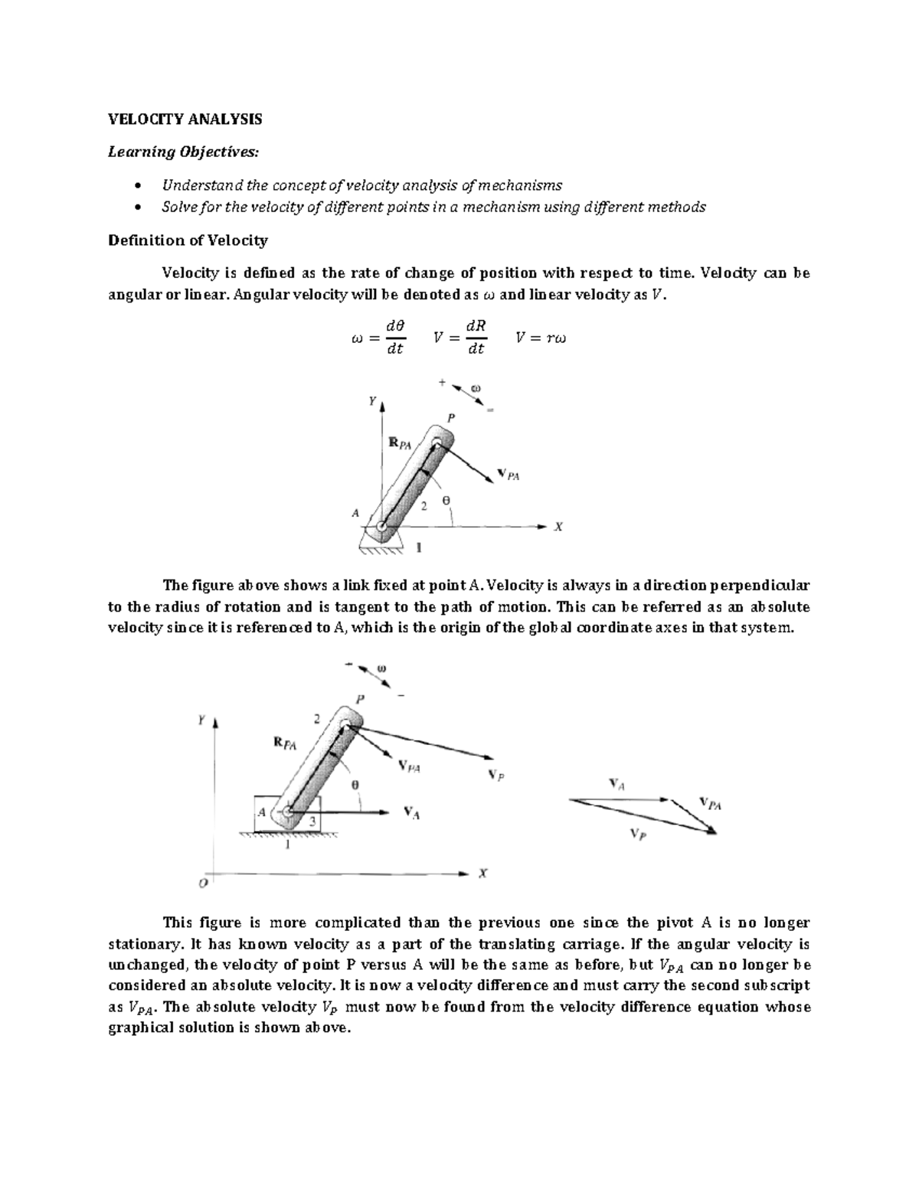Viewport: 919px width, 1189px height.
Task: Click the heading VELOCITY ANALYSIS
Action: [185, 119]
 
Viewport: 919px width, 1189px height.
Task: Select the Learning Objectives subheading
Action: [184, 152]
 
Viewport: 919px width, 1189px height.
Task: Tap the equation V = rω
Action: [541, 338]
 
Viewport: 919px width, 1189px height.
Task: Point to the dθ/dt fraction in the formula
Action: [395, 338]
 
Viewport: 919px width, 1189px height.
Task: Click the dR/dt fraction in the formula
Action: [476, 338]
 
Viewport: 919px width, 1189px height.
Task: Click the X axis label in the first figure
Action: [558, 527]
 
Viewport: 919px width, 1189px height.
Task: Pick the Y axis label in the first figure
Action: [371, 400]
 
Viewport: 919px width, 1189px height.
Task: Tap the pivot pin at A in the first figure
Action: [381, 527]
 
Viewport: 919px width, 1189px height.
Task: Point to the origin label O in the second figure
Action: [203, 883]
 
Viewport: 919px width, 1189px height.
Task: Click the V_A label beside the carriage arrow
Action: [411, 814]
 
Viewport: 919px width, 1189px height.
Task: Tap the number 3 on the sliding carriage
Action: [312, 820]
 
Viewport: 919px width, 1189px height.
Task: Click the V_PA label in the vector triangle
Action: [710, 804]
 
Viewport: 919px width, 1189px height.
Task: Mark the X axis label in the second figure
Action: [482, 873]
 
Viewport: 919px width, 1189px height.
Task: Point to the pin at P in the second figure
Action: [347, 724]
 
